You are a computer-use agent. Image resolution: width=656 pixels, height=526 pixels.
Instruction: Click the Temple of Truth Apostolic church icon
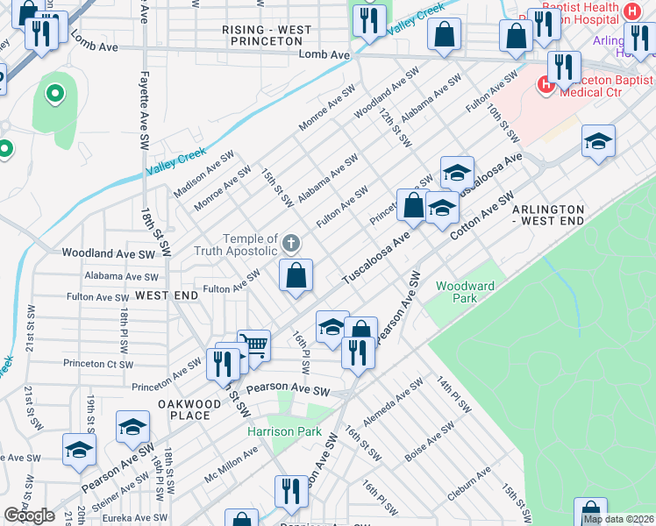291,242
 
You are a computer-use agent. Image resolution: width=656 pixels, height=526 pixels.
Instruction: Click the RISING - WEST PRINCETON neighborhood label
267,35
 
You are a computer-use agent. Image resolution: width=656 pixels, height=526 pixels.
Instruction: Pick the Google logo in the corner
30,515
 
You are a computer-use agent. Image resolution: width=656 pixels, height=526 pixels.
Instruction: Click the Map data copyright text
617,519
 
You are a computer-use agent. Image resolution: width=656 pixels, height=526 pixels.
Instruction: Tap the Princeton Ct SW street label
98,364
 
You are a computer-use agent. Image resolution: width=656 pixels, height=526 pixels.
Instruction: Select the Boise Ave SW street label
430,443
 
